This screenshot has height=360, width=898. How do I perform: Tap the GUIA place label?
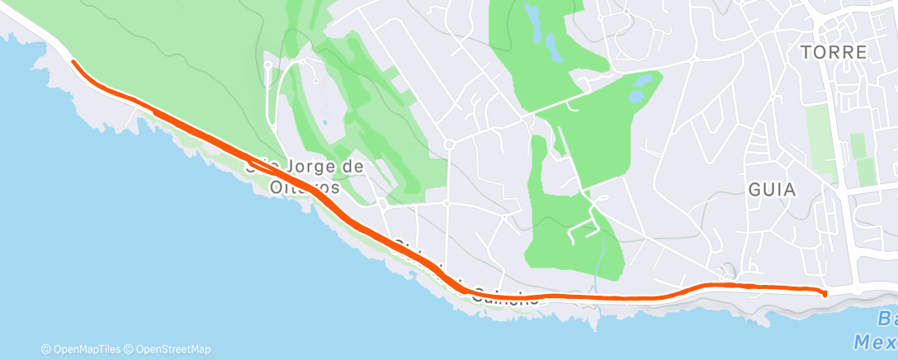pyautogui.click(x=772, y=189)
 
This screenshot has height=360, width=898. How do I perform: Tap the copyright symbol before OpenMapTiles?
pyautogui.click(x=46, y=349)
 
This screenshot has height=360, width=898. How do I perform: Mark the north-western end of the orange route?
pyautogui.click(x=73, y=62)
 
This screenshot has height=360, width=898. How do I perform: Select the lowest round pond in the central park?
pyautogui.click(x=636, y=97)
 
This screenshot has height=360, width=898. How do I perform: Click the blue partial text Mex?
pyautogui.click(x=875, y=340)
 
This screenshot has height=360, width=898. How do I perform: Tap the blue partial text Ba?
pyautogui.click(x=886, y=319)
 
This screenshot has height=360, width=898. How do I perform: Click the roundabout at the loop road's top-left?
pyautogui.click(x=268, y=64)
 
